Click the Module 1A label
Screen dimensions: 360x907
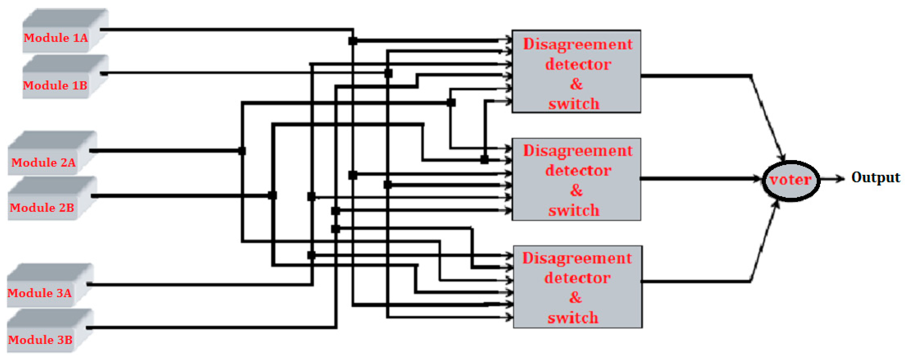pos(56,38)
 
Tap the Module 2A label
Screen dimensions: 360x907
pos(44,163)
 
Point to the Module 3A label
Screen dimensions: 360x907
pos(39,293)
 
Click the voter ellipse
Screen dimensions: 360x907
pos(791,180)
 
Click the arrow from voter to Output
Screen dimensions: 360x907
pos(833,179)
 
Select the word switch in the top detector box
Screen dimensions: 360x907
pos(574,104)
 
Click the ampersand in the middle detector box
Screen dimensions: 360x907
pos(576,190)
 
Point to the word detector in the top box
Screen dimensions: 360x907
pos(578,64)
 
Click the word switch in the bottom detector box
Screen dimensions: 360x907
pos(573,318)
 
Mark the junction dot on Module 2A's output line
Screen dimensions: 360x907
pos(242,151)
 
